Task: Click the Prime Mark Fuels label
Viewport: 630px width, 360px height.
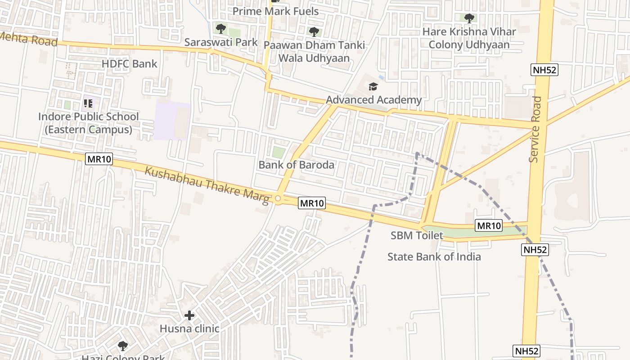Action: (x=275, y=11)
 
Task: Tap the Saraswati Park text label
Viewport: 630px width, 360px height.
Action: (x=221, y=42)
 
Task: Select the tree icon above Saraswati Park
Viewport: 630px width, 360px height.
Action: (x=220, y=29)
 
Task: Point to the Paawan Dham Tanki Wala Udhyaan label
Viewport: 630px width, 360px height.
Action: (x=314, y=51)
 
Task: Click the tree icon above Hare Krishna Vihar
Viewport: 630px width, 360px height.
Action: (x=469, y=18)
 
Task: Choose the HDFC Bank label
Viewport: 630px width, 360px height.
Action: (x=130, y=63)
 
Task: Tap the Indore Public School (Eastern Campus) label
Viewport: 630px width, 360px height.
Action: (x=88, y=123)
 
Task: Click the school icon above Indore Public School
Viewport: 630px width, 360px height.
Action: (x=88, y=103)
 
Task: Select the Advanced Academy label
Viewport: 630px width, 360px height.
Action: (x=373, y=99)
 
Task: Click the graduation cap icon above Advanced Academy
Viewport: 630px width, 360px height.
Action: (x=373, y=86)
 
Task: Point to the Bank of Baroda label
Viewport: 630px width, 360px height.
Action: (x=296, y=165)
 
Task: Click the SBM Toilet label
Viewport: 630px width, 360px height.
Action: (x=417, y=235)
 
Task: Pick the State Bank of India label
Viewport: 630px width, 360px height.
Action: (x=434, y=256)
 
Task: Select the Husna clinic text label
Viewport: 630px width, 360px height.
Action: (x=189, y=328)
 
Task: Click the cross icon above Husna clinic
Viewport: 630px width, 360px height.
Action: (x=189, y=315)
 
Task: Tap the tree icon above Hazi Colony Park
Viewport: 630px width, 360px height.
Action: (x=122, y=346)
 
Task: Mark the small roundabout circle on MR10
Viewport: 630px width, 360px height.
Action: (x=278, y=198)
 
